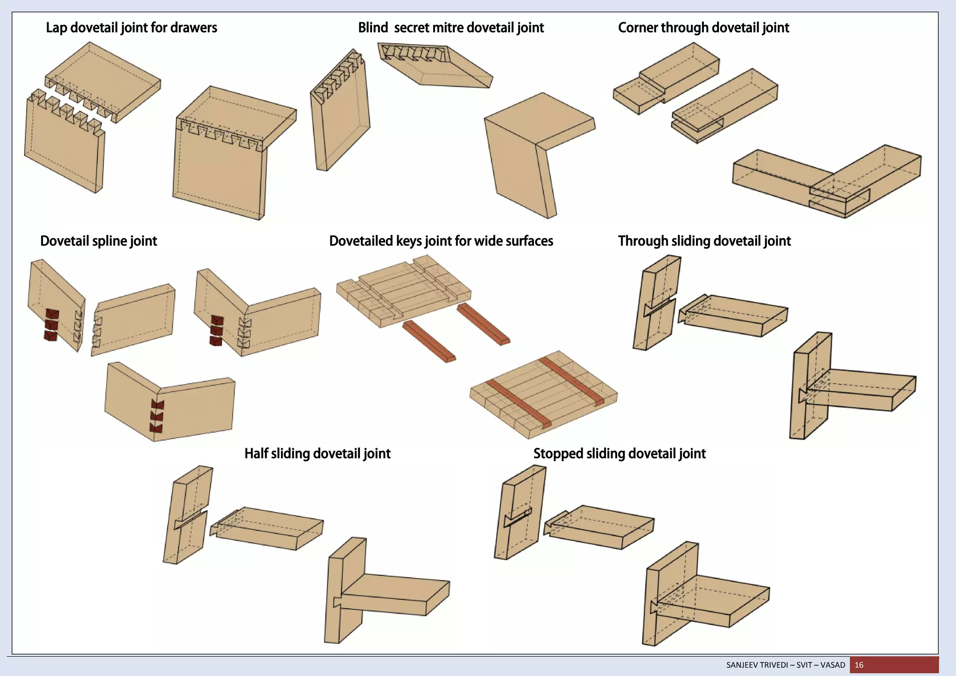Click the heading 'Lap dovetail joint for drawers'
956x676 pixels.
131,28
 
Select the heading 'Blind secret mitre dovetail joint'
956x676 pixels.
450,28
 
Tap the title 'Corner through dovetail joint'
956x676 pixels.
703,28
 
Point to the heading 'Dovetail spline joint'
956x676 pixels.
98,241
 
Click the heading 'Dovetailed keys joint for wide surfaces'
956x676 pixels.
441,241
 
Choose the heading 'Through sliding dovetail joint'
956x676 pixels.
704,241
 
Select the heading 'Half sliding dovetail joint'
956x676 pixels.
317,454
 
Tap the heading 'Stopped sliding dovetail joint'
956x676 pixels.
619,454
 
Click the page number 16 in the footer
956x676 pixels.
859,665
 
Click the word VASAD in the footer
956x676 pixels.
832,665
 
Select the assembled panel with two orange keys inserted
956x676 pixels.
544,394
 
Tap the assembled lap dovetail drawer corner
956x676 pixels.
229,154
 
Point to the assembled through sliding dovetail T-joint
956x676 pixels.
840,387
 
